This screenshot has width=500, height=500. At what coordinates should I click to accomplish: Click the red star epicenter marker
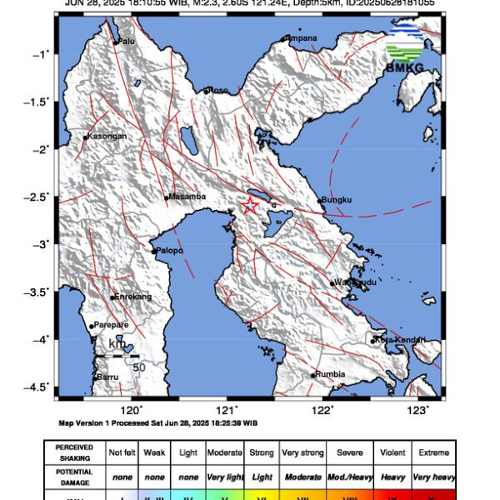249,206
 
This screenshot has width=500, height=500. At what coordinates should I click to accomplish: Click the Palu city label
127,40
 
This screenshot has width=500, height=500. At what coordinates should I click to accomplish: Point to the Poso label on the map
217,90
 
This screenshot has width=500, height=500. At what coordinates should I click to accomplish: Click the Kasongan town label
107,137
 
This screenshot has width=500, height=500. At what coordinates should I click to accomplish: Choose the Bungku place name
337,199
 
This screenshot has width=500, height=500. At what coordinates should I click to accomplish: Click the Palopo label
169,250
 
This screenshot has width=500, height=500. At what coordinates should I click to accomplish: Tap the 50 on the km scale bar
139,367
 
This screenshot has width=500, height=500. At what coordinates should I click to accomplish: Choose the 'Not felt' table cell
122,452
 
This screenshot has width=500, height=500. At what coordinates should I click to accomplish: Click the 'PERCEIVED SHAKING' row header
74,452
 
